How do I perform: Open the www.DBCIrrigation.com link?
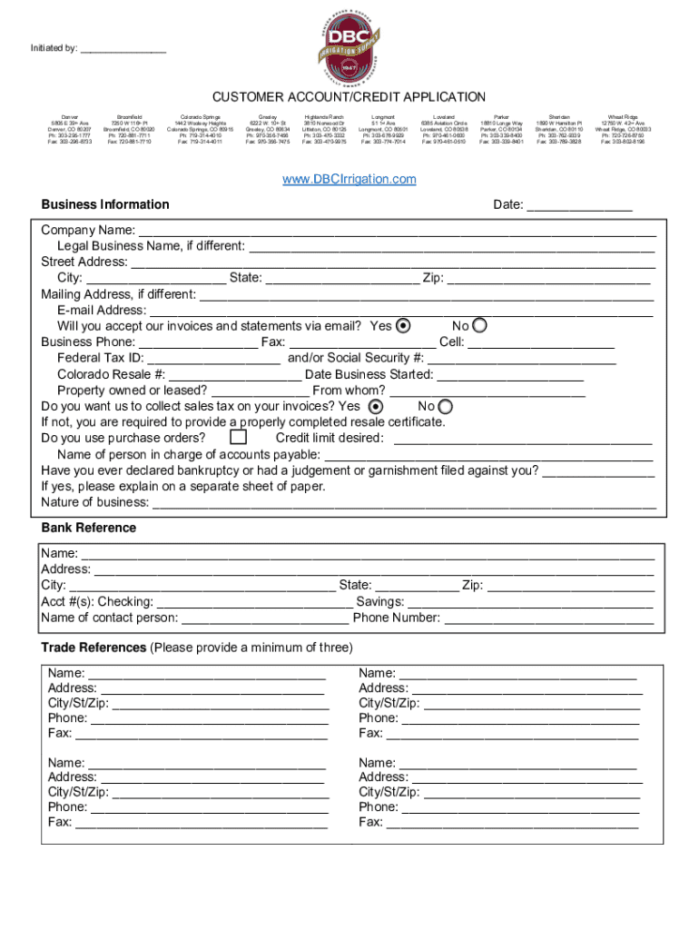(349, 179)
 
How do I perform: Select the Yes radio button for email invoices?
(404, 326)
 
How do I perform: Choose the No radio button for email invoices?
(479, 326)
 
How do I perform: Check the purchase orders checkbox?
(238, 438)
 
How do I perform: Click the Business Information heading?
(105, 204)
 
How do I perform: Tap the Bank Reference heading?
(89, 528)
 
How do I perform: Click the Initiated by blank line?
(123, 51)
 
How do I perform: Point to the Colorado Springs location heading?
(200, 118)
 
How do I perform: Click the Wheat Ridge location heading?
(622, 118)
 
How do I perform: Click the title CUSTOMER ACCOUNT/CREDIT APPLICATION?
(349, 97)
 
